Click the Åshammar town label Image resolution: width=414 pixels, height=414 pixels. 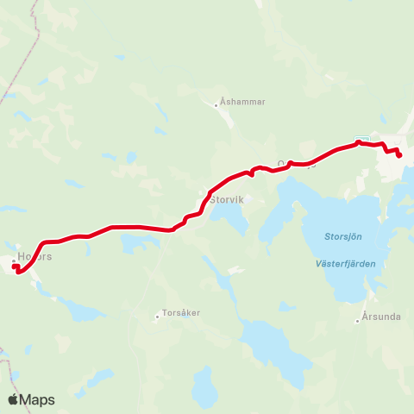pyautogui.click(x=244, y=101)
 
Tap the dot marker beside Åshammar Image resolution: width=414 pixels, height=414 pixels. pyautogui.click(x=216, y=105)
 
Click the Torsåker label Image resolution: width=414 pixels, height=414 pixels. pyautogui.click(x=184, y=314)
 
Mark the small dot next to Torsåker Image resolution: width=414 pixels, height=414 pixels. pyautogui.click(x=157, y=317)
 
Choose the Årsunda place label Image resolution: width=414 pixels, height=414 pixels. pyautogui.click(x=382, y=317)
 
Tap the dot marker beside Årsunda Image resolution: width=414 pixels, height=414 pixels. pyautogui.click(x=357, y=322)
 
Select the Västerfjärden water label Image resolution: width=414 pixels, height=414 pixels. pyautogui.click(x=345, y=264)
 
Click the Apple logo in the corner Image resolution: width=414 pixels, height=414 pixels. pyautogui.click(x=13, y=399)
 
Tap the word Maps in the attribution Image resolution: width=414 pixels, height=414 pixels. pyautogui.click(x=39, y=399)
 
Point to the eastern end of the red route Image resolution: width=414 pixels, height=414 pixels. pyautogui.click(x=399, y=155)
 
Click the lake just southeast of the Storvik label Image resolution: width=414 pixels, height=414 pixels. pyautogui.click(x=229, y=218)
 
